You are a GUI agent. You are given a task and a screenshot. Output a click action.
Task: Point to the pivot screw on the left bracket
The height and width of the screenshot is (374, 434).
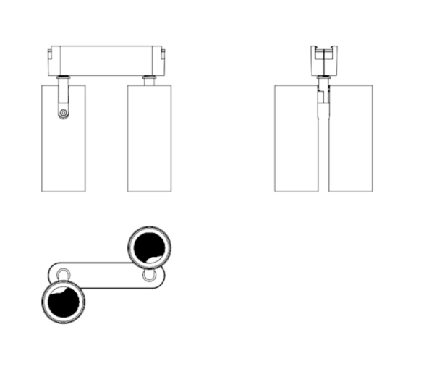pos(64,113)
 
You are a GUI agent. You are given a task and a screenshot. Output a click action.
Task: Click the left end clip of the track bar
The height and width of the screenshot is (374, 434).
pos(48,56)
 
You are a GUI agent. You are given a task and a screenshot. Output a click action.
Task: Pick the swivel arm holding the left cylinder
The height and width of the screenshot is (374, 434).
pos(64,98)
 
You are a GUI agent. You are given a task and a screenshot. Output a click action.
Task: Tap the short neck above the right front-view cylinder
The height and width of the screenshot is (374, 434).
pos(150,80)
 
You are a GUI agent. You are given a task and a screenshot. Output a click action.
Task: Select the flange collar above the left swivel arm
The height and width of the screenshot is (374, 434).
pos(64,77)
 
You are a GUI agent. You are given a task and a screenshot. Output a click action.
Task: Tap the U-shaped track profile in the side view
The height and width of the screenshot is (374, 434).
pos(324,56)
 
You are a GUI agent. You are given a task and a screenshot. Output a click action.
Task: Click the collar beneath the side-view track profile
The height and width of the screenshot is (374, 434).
pos(324,78)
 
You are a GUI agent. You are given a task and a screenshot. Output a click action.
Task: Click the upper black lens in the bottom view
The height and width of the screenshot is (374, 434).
pos(150,247)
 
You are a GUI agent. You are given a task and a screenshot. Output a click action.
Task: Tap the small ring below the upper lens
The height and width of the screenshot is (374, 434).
pos(150,276)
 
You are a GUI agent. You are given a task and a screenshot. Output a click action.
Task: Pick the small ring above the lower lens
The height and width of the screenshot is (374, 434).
pos(64,273)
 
